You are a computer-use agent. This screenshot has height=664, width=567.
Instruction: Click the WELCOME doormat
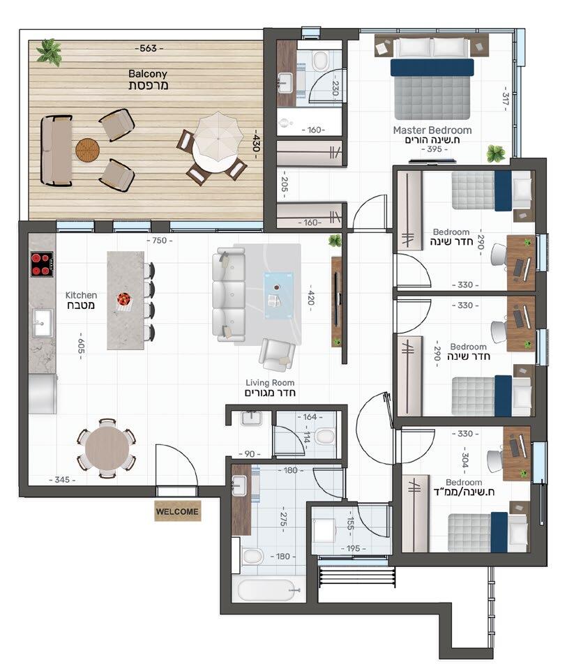point(177,511)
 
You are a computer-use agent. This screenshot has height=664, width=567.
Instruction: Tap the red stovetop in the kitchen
point(42,264)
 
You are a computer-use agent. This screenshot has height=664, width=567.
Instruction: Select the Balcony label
point(148,74)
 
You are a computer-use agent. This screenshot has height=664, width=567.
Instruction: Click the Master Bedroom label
point(432,130)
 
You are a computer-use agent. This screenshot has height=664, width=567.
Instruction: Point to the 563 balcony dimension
point(149,48)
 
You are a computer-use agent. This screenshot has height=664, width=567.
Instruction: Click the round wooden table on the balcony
point(88,149)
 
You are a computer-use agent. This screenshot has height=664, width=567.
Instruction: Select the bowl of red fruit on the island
point(124,300)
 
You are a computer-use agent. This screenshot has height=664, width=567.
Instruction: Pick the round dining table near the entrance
point(107,448)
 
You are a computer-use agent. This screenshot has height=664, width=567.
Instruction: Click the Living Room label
point(270,382)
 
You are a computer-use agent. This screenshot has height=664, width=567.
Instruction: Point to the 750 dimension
point(159,241)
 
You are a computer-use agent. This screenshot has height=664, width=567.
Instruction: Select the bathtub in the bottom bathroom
point(266,589)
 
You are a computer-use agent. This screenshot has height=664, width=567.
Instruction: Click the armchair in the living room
point(276,354)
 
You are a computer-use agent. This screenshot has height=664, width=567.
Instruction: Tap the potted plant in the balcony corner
point(50,52)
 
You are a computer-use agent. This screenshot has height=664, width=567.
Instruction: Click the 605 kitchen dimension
point(82,346)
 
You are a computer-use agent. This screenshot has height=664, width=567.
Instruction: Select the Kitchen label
point(81,295)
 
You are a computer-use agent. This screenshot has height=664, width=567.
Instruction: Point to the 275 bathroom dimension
point(283,519)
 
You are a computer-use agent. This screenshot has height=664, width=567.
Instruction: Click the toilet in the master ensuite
point(320,61)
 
